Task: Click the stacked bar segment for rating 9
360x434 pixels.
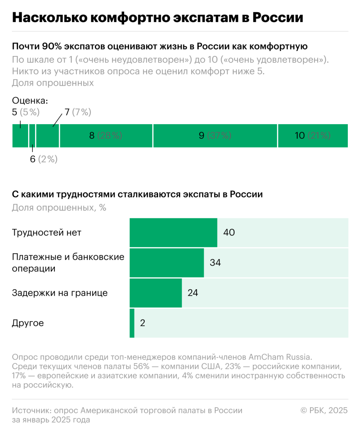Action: click(215, 136)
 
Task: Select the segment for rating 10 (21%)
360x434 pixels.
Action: click(313, 136)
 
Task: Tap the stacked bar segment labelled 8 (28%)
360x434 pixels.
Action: click(106, 136)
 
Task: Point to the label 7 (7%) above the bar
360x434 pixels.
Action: click(78, 112)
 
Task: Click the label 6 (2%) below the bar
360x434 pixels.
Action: click(44, 159)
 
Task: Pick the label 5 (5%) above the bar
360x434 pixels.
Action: click(26, 112)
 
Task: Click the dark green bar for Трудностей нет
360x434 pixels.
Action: click(173, 232)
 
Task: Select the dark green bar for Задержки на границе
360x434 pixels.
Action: click(155, 293)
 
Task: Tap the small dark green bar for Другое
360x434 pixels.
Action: click(132, 323)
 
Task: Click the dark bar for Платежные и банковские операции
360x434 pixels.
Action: click(166, 263)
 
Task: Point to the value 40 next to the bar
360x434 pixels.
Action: click(229, 232)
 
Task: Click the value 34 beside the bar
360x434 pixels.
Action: click(215, 263)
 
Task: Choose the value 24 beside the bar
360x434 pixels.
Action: click(193, 293)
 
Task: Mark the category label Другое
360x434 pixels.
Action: click(28, 323)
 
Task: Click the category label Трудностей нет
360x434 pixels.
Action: click(46, 232)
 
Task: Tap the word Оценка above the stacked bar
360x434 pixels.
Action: click(30, 101)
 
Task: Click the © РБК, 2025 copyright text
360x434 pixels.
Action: click(324, 410)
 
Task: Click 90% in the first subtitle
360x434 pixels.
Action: click(52, 47)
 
